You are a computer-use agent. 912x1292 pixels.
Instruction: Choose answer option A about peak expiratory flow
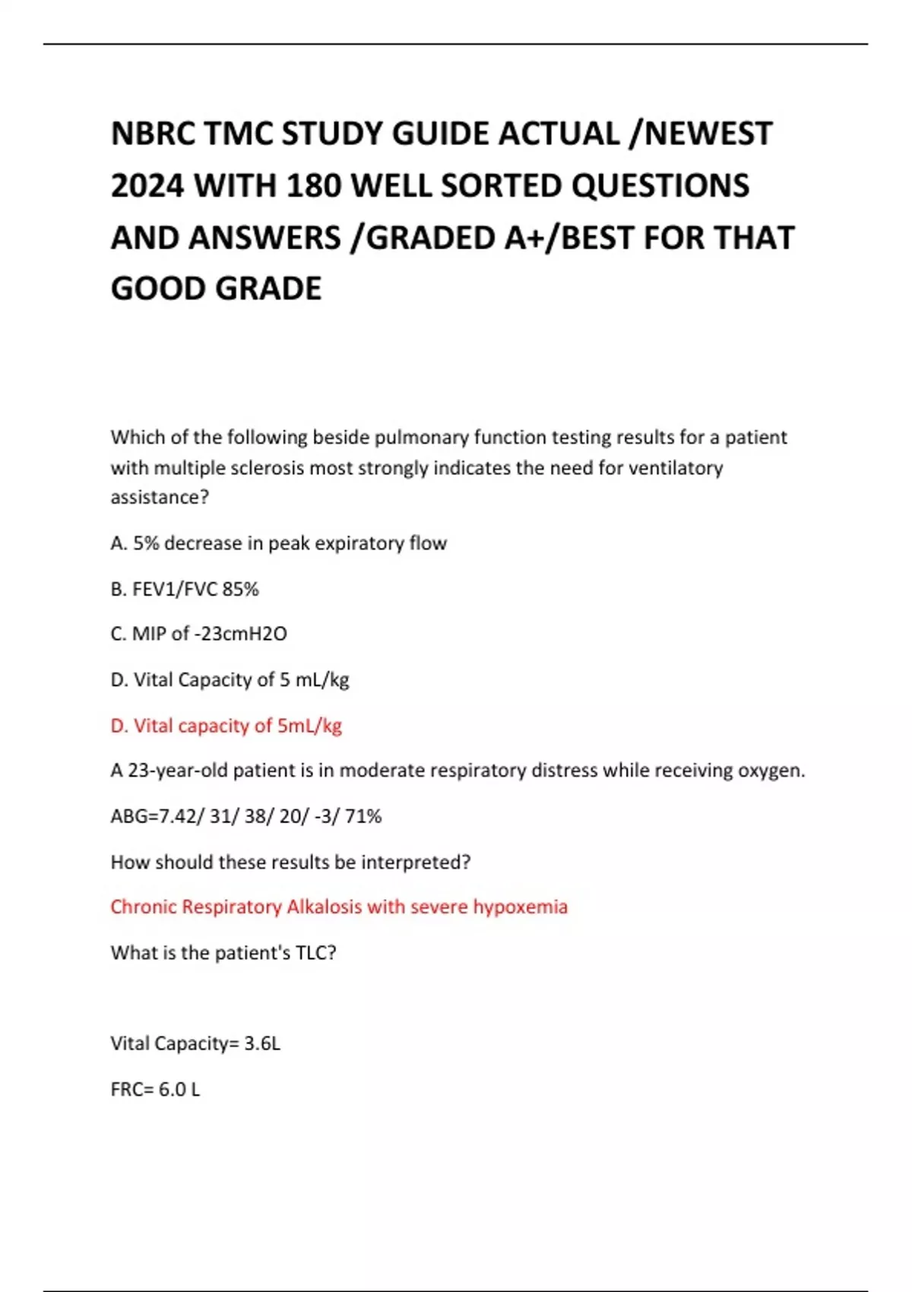[x=278, y=543]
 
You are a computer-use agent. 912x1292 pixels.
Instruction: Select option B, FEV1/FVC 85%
[x=185, y=589]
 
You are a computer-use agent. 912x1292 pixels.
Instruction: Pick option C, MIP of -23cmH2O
[x=198, y=634]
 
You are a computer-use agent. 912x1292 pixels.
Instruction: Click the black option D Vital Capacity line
[x=230, y=679]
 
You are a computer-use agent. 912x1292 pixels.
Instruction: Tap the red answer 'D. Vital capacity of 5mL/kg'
[x=226, y=726]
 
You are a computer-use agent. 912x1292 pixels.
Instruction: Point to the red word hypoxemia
[x=520, y=907]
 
